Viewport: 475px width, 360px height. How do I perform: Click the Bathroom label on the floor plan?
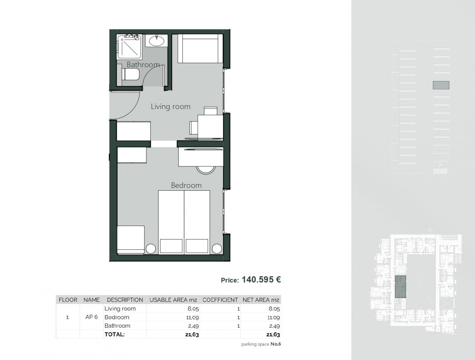tap(143, 64)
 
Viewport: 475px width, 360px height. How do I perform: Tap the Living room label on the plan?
tap(170, 107)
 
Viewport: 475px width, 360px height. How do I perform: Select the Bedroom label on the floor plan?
tap(186, 185)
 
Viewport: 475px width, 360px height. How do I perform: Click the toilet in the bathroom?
tap(130, 74)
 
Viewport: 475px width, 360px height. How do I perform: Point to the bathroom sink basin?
tap(157, 41)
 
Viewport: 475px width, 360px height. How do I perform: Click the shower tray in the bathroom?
tap(129, 47)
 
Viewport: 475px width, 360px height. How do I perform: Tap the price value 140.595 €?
tap(261, 280)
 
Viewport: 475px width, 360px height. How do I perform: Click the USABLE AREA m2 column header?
tap(173, 300)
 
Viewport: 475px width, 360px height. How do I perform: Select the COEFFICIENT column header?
tap(220, 300)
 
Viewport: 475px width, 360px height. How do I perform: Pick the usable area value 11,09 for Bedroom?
tap(192, 317)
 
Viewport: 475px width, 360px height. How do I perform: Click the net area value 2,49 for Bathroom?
tap(275, 326)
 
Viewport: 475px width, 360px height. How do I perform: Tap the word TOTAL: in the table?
tap(114, 334)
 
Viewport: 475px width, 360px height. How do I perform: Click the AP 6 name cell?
tap(91, 317)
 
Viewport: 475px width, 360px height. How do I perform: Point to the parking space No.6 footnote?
tap(261, 344)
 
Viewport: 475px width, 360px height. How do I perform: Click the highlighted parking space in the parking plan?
tap(441, 85)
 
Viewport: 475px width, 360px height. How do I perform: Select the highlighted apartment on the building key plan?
tap(401, 287)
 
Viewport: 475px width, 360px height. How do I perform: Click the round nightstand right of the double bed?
tap(217, 249)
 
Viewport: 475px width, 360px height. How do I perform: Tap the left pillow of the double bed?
tap(171, 246)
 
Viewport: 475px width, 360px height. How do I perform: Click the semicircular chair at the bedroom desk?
tap(205, 170)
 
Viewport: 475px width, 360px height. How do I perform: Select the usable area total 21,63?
tap(192, 335)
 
